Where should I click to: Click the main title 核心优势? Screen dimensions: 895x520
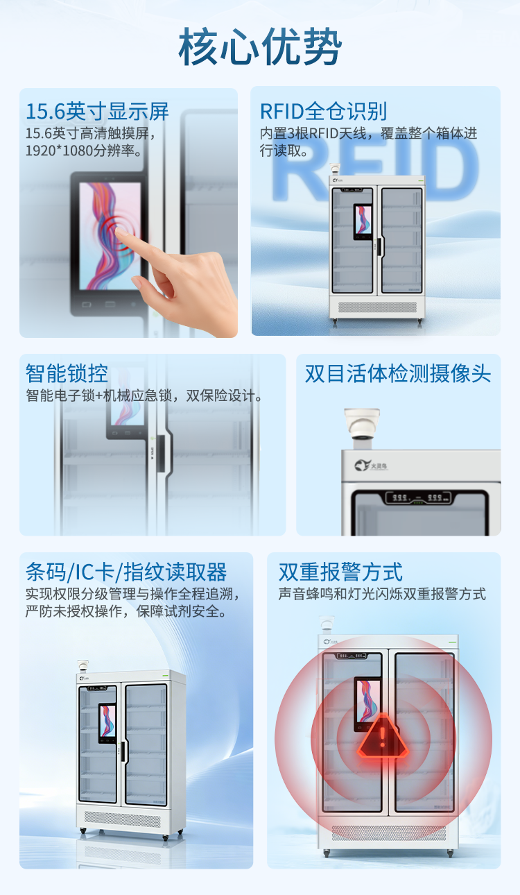(260, 47)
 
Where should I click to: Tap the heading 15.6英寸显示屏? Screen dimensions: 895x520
(97, 111)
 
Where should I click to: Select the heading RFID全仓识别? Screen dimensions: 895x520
(323, 111)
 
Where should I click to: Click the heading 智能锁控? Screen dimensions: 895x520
(67, 373)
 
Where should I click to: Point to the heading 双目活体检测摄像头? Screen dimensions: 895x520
(398, 373)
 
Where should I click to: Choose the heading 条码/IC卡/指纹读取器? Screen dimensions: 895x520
(126, 572)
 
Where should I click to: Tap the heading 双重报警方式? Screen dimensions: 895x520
(340, 572)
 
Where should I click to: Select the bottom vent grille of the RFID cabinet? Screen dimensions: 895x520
(377, 307)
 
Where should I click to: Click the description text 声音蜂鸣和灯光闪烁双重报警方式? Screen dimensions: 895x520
(382, 594)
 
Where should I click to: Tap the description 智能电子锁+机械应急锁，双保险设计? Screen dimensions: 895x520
(144, 396)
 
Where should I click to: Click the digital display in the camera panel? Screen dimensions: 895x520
(418, 498)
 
